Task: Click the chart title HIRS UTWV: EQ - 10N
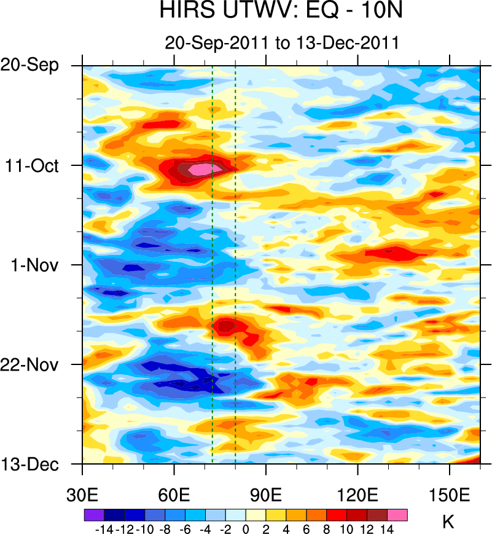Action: click(x=282, y=11)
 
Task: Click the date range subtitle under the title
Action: click(x=282, y=43)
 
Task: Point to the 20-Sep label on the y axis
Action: click(x=37, y=66)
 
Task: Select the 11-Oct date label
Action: click(x=39, y=166)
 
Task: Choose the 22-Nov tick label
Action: click(x=37, y=365)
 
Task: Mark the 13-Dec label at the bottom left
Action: click(x=37, y=465)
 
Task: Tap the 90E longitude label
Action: click(x=266, y=495)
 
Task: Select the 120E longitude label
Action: click(x=357, y=495)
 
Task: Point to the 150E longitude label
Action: click(x=450, y=495)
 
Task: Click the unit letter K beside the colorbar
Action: click(x=448, y=522)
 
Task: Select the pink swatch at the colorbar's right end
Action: click(x=397, y=515)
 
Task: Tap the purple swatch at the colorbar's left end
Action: click(x=94, y=515)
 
